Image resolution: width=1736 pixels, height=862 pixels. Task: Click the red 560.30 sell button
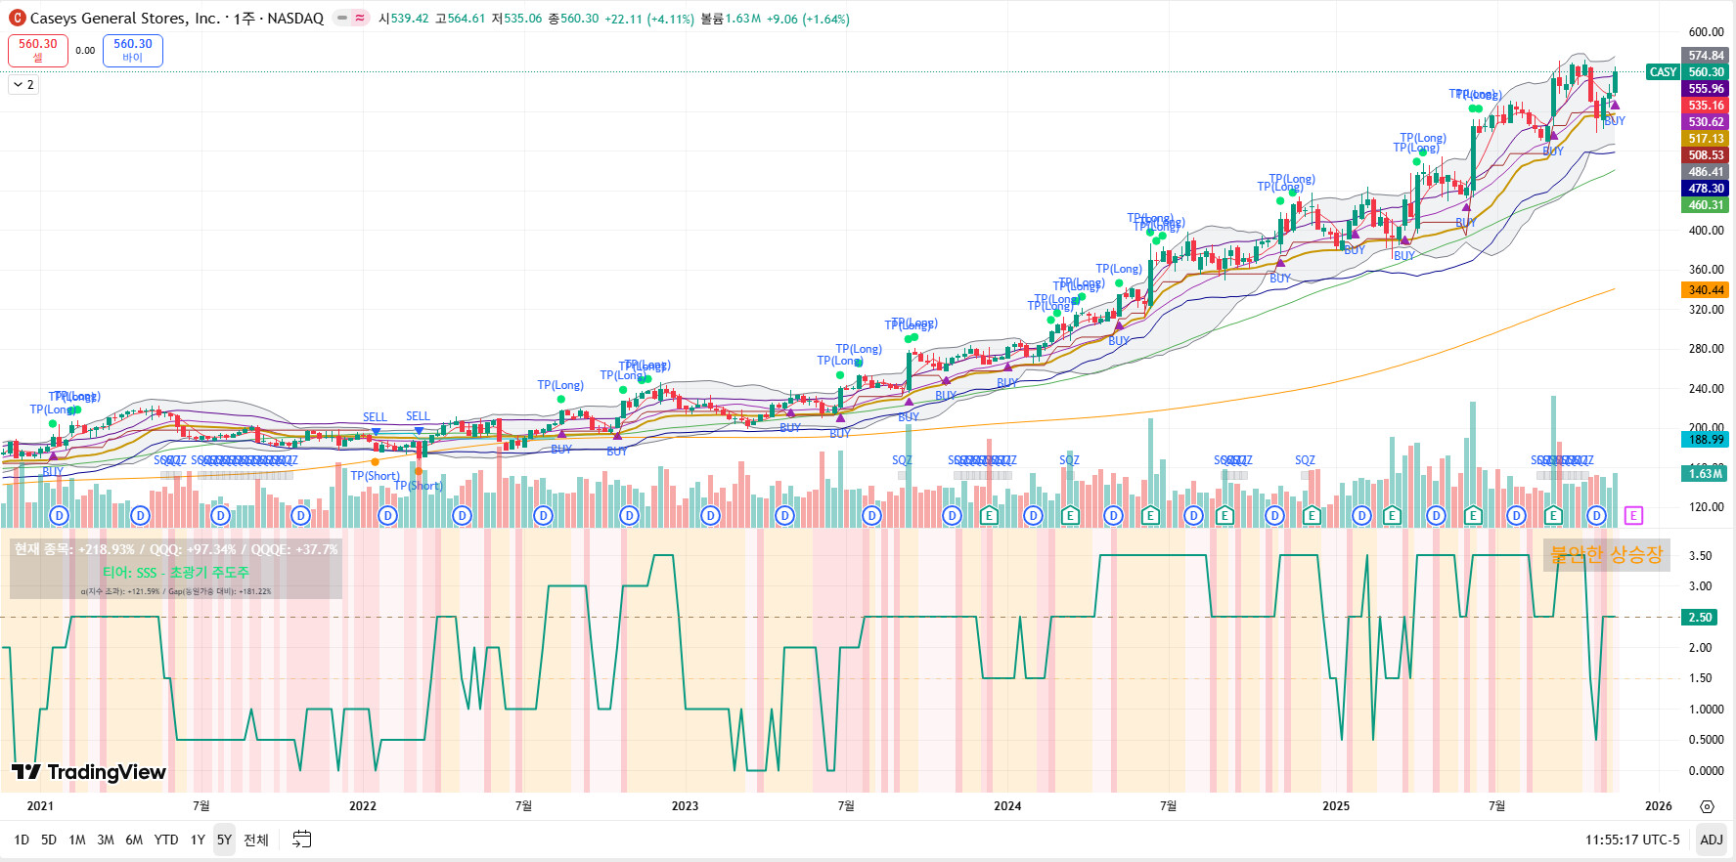(38, 50)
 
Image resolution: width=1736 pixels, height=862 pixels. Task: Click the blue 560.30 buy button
(133, 50)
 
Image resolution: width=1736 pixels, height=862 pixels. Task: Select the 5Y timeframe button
(224, 840)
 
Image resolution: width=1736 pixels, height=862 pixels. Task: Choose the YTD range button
(166, 840)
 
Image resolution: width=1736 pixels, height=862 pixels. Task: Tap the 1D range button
(22, 840)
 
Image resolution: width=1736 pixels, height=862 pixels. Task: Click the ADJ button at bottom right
(1712, 840)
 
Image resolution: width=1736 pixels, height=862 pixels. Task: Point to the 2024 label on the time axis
(1007, 806)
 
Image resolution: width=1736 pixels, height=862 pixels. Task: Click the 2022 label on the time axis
(363, 806)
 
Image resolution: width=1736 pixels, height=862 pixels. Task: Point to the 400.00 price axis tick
(1706, 231)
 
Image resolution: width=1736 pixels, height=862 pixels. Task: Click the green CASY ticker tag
(1663, 72)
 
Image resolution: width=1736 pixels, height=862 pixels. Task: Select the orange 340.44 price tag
(1706, 290)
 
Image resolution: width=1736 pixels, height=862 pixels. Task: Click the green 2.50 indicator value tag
(1701, 618)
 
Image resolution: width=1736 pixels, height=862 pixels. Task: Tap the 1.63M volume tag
(1706, 474)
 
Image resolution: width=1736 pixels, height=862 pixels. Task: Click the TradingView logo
(89, 772)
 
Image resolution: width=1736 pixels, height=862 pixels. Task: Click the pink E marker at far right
(1633, 515)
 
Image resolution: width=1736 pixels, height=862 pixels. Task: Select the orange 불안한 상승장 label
(1606, 555)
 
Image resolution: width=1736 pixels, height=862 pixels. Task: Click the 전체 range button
(256, 840)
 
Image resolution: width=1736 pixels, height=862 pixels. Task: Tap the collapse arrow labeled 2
(23, 85)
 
